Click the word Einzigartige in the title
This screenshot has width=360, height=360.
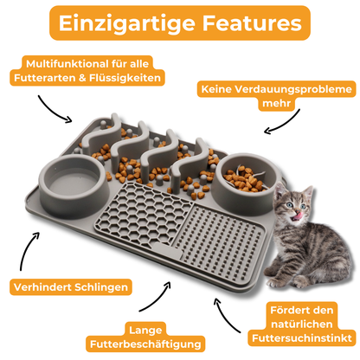tap(127, 23)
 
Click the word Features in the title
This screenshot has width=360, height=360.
tap(252, 22)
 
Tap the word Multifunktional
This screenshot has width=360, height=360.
tap(67, 64)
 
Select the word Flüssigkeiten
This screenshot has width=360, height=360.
tap(125, 78)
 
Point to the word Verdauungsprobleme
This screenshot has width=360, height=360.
tap(293, 89)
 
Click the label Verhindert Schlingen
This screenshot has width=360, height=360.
tap(71, 287)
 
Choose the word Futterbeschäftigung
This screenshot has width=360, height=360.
tap(145, 344)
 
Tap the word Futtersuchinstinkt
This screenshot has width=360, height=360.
tap(302, 338)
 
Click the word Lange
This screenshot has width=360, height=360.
tap(145, 331)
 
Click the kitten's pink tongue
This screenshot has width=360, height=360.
tap(298, 215)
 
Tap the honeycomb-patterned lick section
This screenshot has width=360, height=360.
tap(143, 215)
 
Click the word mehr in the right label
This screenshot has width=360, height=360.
tap(276, 103)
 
